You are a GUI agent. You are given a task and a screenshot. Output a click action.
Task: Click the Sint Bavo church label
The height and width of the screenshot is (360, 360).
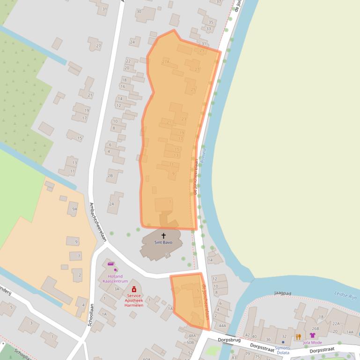pyautogui.click(x=163, y=243)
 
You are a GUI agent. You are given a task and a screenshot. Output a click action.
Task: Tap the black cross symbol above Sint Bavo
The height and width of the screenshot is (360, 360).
pyautogui.click(x=163, y=236)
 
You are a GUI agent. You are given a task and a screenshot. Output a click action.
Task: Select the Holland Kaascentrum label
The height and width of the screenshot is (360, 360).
pyautogui.click(x=115, y=279)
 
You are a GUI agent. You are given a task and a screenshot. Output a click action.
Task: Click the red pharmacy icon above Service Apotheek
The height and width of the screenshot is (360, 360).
pyautogui.click(x=134, y=289)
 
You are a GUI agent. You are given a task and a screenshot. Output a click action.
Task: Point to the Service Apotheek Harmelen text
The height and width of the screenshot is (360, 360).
pyautogui.click(x=134, y=300)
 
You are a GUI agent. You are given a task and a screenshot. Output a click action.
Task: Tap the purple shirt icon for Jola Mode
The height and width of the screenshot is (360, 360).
pyautogui.click(x=313, y=335)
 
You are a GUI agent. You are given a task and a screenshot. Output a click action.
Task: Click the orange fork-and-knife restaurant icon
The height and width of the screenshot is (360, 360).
pyautogui.click(x=298, y=336)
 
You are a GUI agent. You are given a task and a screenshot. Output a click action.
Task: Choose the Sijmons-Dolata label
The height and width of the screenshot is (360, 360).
pyautogui.click(x=283, y=350)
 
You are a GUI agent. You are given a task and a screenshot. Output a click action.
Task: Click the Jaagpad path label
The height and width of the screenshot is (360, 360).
pyautogui.click(x=283, y=293)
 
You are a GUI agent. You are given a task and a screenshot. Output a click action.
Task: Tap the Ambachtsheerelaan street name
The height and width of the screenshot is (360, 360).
pyautogui.click(x=98, y=222)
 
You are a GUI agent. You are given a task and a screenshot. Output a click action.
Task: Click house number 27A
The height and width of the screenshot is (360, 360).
pyautogui.click(x=165, y=62)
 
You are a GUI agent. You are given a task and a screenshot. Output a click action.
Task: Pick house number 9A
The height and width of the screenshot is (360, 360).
pyautogui.click(x=74, y=209)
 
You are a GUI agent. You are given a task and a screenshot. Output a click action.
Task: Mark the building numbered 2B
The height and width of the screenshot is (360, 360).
pyautogui.click(x=110, y=176)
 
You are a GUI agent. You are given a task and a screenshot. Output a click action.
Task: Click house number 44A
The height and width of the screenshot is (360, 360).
pyautogui.click(x=222, y=326)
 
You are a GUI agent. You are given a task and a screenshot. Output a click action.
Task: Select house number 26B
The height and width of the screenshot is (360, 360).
pyautogui.click(x=315, y=328)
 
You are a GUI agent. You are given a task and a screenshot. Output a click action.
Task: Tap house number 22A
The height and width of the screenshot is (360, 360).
pyautogui.click(x=336, y=323)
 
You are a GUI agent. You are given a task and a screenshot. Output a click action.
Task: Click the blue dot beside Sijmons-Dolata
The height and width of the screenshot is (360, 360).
pyautogui.click(x=283, y=342)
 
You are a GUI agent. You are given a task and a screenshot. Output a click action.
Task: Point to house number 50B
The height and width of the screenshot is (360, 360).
pyautogui.click(x=190, y=342)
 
